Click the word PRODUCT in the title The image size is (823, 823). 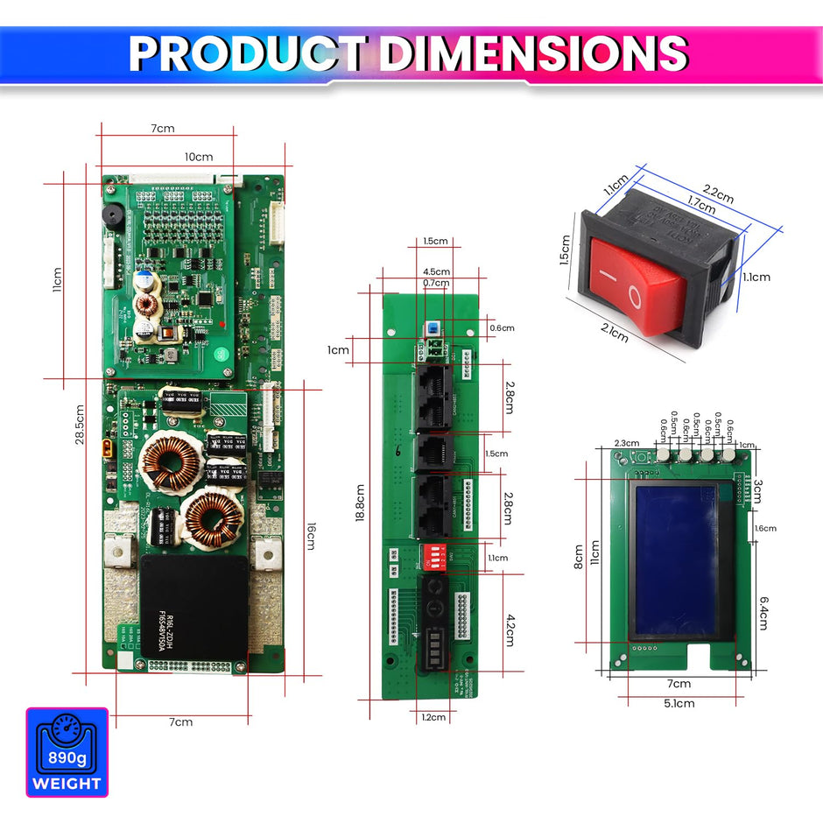coord(247,53)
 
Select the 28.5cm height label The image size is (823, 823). coord(80,426)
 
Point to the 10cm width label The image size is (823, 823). coord(198,157)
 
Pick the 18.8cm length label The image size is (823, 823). coord(361,503)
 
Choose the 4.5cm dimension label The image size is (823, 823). coord(436,271)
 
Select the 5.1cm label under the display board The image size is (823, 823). coord(679,703)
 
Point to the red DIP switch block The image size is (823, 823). coord(436,555)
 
